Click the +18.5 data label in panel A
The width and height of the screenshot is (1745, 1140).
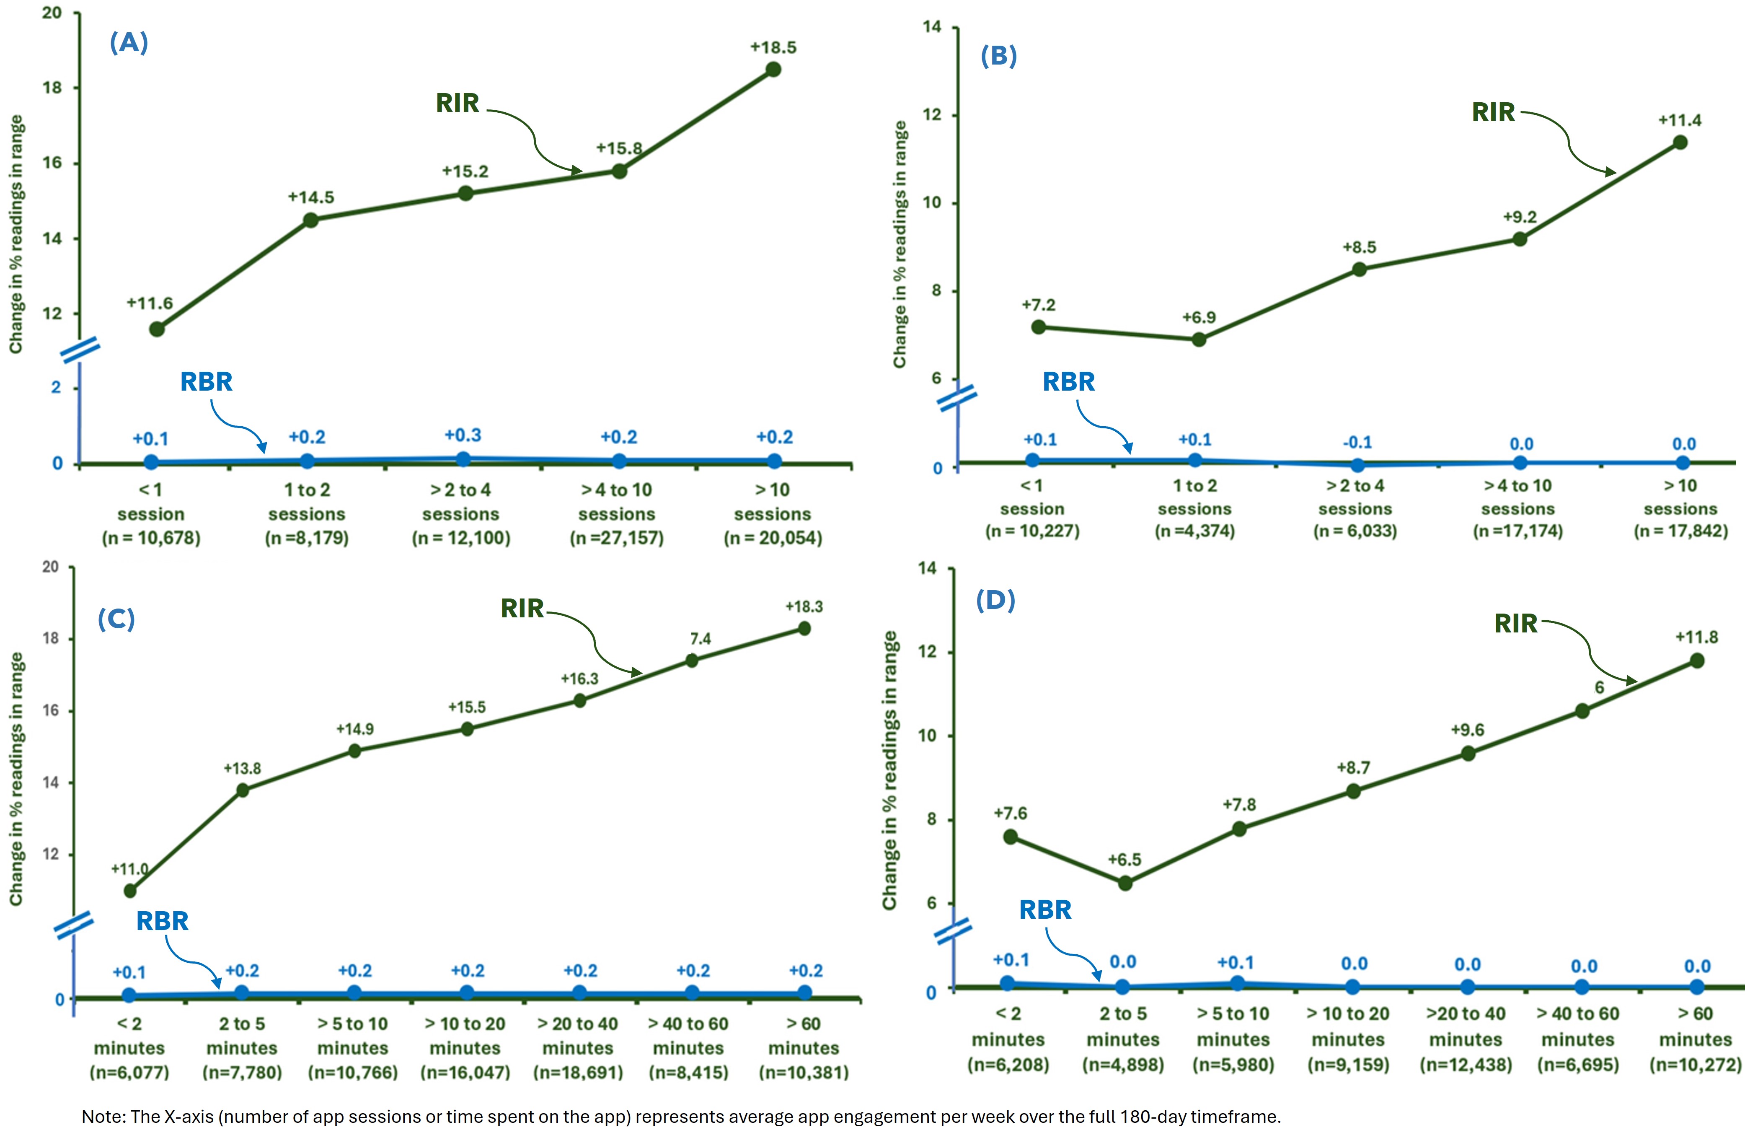(x=773, y=48)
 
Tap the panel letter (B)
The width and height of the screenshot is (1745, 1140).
(x=999, y=57)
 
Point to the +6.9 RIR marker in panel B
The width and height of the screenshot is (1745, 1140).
(x=1199, y=339)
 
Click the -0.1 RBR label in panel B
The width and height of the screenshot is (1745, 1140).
(x=1357, y=442)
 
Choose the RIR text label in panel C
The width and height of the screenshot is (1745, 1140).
(x=522, y=608)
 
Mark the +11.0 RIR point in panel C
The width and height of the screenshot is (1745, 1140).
(x=130, y=891)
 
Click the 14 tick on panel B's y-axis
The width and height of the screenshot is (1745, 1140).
(x=931, y=27)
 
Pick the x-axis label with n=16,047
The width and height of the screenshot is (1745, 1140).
(x=465, y=1047)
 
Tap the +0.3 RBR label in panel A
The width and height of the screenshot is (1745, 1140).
(x=463, y=435)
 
